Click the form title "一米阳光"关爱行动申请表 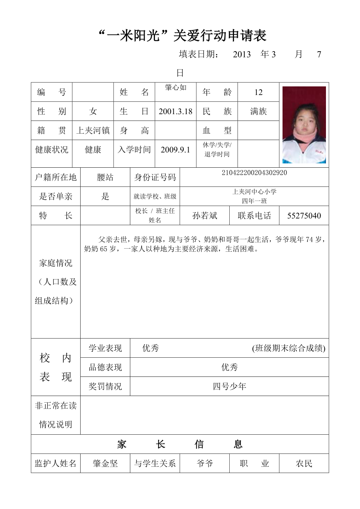tap(182, 36)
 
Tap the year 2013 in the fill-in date tap(241, 55)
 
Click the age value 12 tap(258, 93)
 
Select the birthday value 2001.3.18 tap(175, 111)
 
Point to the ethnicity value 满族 tap(258, 111)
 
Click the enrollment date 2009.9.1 tap(175, 150)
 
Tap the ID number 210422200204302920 tap(254, 173)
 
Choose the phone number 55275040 tap(304, 216)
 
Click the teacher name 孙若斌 tap(205, 216)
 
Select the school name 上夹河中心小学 tap(254, 192)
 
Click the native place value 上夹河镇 tap(93, 131)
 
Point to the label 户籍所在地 tap(56, 177)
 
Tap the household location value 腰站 tap(105, 177)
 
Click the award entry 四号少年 tap(229, 387)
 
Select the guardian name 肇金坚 tap(105, 464)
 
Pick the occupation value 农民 tap(304, 464)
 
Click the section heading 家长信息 tap(180, 444)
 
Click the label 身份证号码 tap(155, 177)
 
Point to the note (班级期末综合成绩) tap(289, 348)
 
